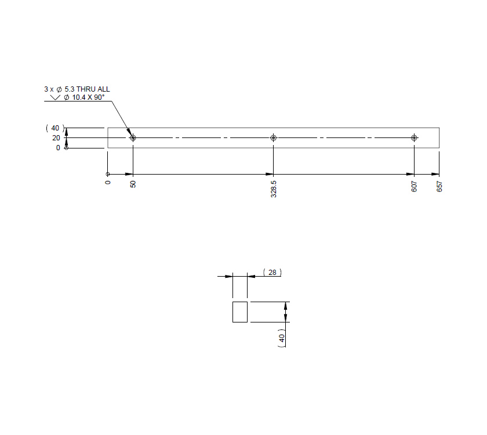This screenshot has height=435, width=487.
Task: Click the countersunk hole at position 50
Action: [133, 138]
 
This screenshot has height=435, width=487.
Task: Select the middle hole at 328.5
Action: [274, 138]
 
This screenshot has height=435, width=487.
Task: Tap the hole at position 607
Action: [414, 138]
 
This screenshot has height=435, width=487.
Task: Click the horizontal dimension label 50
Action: [133, 184]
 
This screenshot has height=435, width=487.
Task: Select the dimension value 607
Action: [414, 186]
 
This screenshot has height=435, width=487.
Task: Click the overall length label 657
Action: [439, 186]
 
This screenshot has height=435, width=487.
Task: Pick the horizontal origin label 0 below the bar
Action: [108, 183]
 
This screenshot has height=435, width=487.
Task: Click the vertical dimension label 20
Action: [56, 138]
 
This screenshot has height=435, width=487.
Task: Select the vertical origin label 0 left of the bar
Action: [57, 148]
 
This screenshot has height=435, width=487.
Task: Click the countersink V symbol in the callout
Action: [56, 98]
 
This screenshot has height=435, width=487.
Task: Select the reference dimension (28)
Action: [271, 272]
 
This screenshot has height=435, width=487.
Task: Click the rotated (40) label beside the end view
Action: [281, 339]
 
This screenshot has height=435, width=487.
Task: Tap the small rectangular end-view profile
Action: [240, 312]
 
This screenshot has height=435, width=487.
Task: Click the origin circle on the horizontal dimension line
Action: [108, 174]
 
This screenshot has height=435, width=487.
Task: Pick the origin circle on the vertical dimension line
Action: [66, 148]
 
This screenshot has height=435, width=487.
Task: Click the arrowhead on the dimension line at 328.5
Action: [270, 174]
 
